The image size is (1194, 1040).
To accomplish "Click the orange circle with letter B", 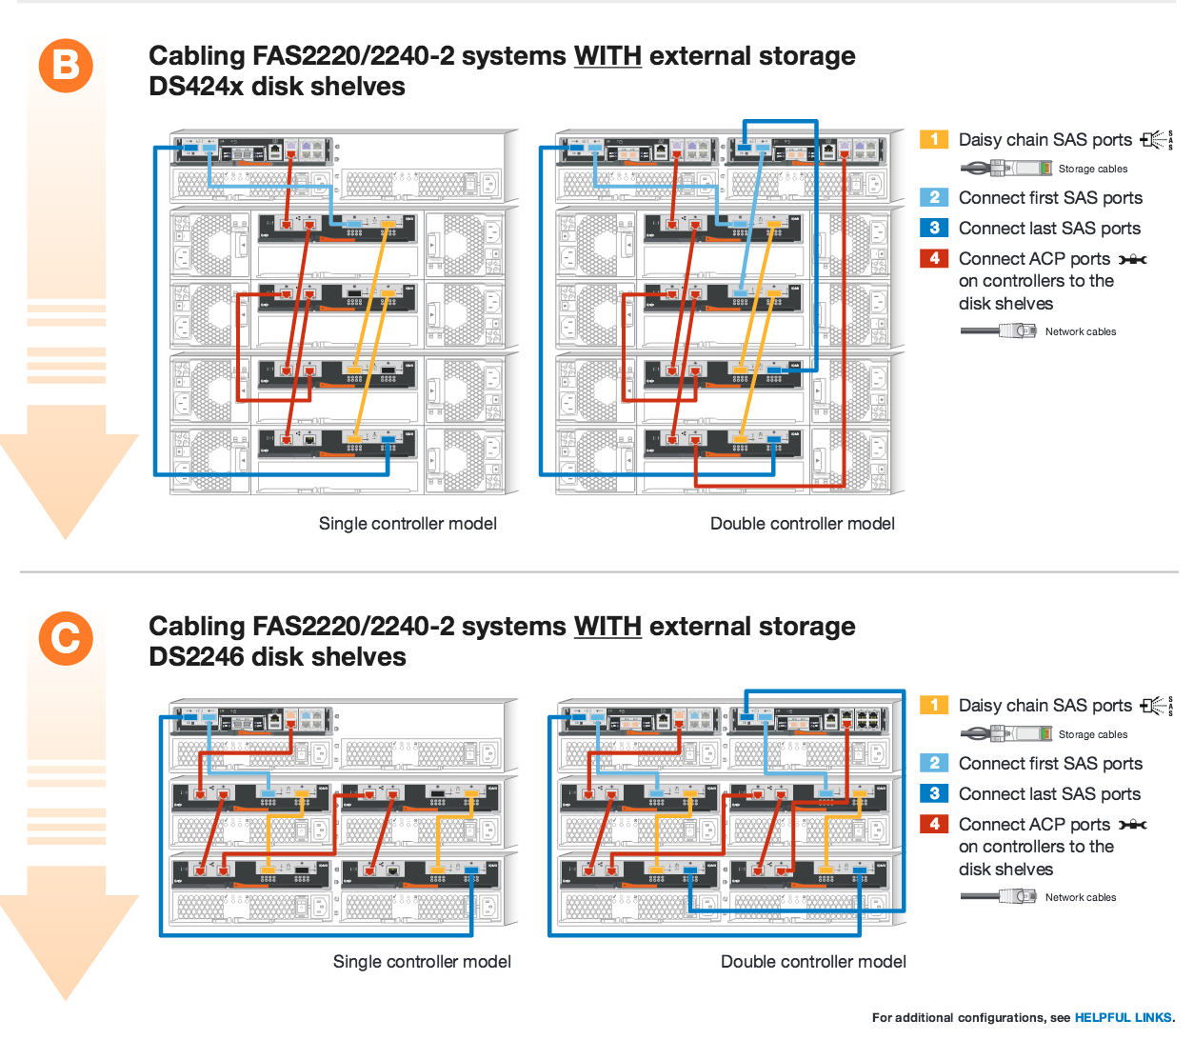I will (x=66, y=66).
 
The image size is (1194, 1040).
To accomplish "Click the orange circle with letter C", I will (x=66, y=638).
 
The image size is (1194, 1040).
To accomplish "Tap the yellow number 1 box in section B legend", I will (x=934, y=139).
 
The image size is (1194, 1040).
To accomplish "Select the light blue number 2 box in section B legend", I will (x=934, y=197).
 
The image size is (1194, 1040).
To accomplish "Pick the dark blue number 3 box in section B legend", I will (x=934, y=228).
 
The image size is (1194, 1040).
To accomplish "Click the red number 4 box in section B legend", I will (x=934, y=258).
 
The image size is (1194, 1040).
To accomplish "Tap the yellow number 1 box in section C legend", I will (x=934, y=705).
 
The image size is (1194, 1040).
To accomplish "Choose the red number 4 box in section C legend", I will (x=934, y=824).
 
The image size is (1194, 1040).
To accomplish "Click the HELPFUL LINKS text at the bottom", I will (x=1124, y=1017).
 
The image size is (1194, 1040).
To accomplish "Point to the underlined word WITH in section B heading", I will (x=607, y=56).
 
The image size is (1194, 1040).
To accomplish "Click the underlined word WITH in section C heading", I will (x=607, y=627).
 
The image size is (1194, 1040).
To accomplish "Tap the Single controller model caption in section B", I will (x=408, y=524).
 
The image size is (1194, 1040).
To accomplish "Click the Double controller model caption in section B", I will (x=802, y=524).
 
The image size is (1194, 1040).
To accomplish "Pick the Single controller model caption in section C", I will (x=422, y=962).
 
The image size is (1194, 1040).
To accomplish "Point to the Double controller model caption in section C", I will (x=813, y=962).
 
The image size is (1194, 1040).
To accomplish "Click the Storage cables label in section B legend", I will (x=1093, y=169).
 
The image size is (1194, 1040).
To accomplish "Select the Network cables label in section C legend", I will (x=1081, y=897).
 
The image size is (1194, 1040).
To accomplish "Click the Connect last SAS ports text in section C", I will (x=1049, y=794).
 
